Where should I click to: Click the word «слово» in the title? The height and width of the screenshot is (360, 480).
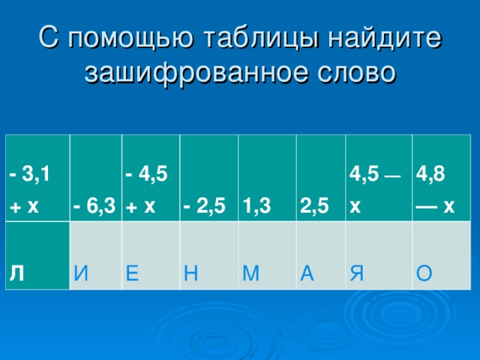click(x=356, y=73)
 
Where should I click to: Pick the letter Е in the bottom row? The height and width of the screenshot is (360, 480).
click(x=133, y=275)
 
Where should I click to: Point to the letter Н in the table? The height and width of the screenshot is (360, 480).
click(x=190, y=275)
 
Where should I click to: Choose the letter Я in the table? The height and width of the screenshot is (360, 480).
click(x=358, y=275)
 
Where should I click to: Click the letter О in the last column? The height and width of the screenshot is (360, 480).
click(x=424, y=275)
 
